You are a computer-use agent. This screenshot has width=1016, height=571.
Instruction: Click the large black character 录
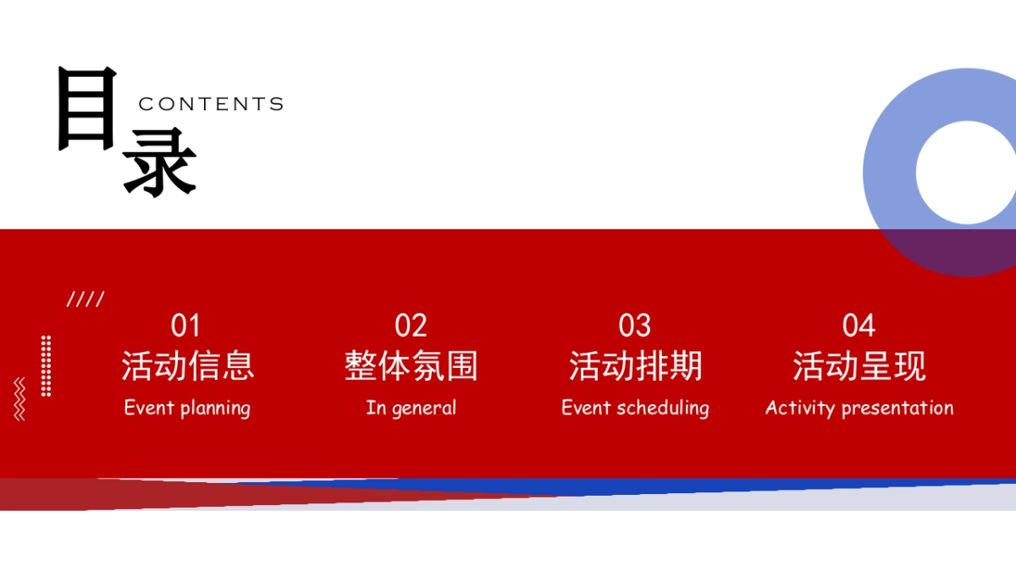160,164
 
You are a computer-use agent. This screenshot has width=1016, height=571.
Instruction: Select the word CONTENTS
211,104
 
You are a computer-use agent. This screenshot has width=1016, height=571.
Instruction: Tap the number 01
185,326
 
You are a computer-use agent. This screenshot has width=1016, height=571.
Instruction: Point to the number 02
411,326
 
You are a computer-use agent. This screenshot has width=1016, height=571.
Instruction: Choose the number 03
635,326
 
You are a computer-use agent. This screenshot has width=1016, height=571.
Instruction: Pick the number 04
859,326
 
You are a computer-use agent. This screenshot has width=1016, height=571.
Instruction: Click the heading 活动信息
187,366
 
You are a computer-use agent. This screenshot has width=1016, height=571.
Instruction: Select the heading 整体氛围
411,366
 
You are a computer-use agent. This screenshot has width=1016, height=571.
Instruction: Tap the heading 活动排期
635,366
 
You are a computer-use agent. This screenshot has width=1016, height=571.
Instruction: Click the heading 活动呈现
859,366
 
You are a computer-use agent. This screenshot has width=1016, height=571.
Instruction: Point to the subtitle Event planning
187,408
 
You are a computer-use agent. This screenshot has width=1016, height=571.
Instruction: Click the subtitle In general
411,408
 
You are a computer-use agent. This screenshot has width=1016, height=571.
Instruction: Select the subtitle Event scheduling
635,408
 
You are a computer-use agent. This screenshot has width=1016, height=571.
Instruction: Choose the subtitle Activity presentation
859,408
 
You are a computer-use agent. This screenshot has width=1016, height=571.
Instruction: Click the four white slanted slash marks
86,299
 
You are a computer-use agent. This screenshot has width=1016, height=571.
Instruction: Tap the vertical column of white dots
46,365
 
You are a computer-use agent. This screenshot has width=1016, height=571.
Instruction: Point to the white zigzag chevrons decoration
19,399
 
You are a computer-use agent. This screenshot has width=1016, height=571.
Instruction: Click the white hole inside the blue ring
966,173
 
